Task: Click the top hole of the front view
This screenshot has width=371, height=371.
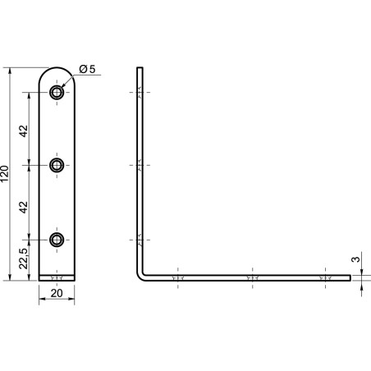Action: pos(57,92)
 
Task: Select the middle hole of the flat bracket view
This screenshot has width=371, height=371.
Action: pos(57,166)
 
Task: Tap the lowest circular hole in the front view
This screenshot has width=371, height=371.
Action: pos(57,240)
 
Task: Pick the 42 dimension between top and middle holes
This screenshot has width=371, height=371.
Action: pos(24,130)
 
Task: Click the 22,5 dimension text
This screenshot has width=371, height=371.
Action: pos(24,260)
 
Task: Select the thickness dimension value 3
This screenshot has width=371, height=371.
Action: pos(355,259)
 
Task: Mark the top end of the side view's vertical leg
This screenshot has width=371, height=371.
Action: pos(140,69)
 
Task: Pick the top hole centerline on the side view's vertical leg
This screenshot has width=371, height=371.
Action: pos(140,92)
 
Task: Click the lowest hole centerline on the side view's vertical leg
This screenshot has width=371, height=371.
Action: pos(140,240)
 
